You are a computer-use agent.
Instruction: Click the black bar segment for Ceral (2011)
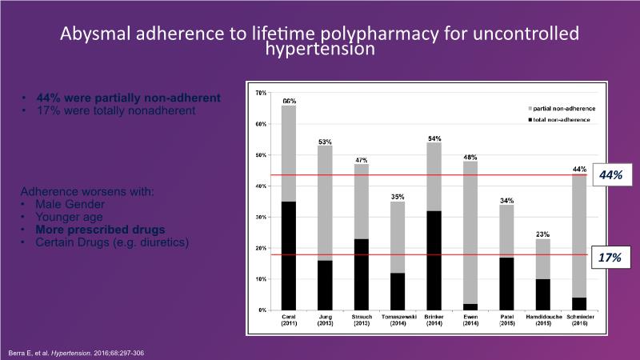[289, 255]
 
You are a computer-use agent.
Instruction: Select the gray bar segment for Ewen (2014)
[471, 232]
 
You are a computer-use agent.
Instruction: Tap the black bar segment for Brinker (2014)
[434, 260]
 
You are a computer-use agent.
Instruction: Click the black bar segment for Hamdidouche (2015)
[543, 294]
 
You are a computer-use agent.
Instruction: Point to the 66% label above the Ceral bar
[289, 101]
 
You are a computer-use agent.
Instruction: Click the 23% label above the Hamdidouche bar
[543, 234]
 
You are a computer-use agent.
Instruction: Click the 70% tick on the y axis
[261, 94]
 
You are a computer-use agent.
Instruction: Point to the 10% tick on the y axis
[261, 279]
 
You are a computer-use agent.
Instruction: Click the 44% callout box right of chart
[611, 174]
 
